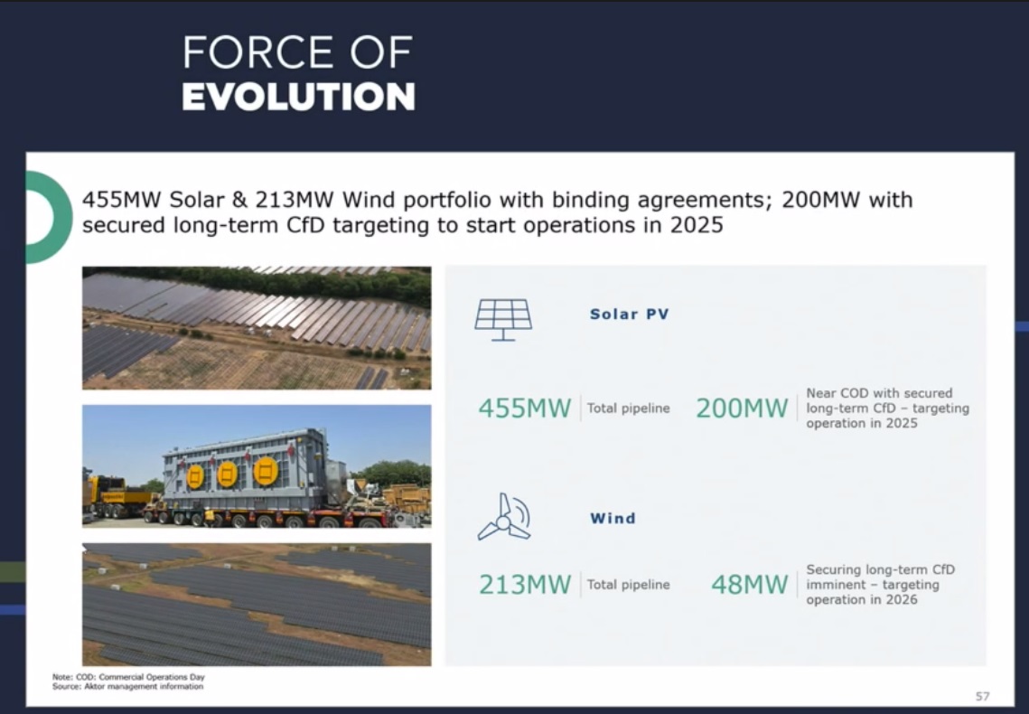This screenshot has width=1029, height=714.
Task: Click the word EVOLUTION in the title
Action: point(299,97)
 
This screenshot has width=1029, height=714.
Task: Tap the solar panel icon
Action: point(503,320)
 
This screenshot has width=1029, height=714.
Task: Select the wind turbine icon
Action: point(504,517)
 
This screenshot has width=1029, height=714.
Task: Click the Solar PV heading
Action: point(630,315)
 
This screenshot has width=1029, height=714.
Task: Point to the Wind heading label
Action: point(613,519)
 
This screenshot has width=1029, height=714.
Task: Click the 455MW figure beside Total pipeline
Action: point(524,409)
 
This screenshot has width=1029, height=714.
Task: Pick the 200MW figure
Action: point(742,409)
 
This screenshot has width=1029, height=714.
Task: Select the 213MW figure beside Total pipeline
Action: point(524,585)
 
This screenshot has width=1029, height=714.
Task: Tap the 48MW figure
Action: point(750,585)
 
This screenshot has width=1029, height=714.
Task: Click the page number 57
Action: point(982,696)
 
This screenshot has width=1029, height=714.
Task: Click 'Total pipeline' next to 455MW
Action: point(628,409)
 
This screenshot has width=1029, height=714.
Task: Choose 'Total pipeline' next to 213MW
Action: point(628,585)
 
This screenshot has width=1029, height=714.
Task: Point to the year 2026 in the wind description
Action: point(901,600)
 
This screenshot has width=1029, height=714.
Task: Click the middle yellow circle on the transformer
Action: point(227,474)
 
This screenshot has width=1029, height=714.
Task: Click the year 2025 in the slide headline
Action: point(697,225)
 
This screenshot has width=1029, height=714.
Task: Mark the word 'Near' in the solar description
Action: point(820,393)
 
